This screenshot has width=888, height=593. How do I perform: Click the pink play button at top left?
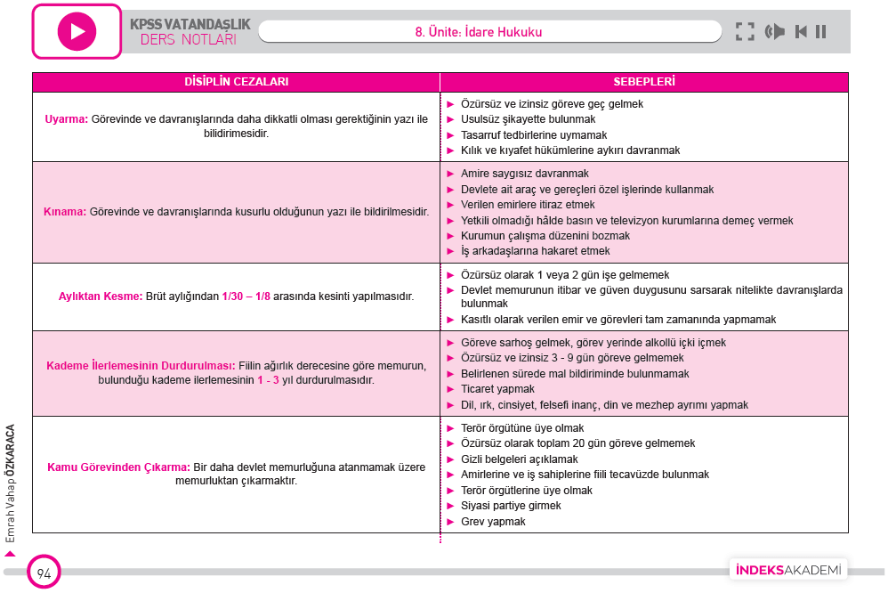(x=77, y=31)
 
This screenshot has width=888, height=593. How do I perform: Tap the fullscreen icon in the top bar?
(x=745, y=32)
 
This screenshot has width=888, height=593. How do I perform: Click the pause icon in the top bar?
(x=820, y=32)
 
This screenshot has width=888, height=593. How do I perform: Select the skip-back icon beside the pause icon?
(x=801, y=32)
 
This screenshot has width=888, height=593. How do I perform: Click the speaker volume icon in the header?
(x=774, y=32)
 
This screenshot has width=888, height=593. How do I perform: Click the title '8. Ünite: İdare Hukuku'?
(x=478, y=32)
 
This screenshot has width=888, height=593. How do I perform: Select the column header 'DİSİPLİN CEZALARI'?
(x=236, y=81)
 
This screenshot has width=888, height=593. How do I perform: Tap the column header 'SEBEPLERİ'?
(x=644, y=81)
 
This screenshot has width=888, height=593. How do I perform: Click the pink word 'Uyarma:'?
(x=66, y=119)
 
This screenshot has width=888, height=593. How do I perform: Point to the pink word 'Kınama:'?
(x=65, y=212)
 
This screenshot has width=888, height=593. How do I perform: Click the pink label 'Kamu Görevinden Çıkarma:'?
(x=118, y=467)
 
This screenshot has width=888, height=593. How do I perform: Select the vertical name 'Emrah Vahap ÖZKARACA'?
(x=11, y=481)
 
